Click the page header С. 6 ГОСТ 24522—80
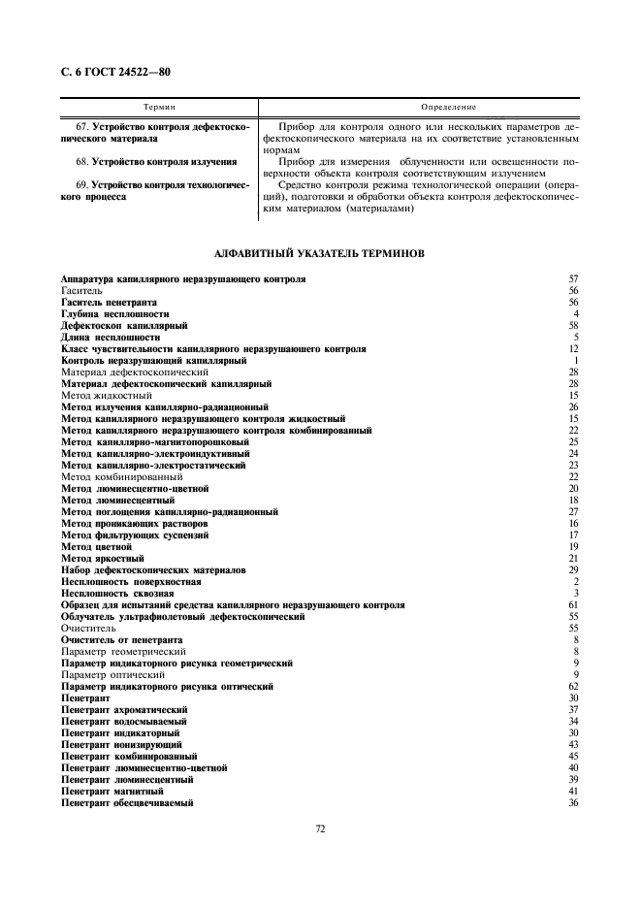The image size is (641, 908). pyautogui.click(x=115, y=71)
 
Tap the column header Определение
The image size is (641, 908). pyautogui.click(x=434, y=106)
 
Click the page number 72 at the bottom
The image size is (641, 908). pyautogui.click(x=320, y=827)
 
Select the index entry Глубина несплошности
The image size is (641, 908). pyautogui.click(x=114, y=314)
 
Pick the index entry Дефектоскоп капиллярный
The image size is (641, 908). pyautogui.click(x=124, y=326)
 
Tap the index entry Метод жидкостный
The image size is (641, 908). pyautogui.click(x=106, y=396)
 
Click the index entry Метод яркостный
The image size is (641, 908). pyautogui.click(x=102, y=559)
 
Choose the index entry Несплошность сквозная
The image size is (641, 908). pyautogui.click(x=117, y=594)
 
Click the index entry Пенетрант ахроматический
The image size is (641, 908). pyautogui.click(x=124, y=710)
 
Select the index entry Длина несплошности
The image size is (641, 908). pyautogui.click(x=111, y=338)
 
